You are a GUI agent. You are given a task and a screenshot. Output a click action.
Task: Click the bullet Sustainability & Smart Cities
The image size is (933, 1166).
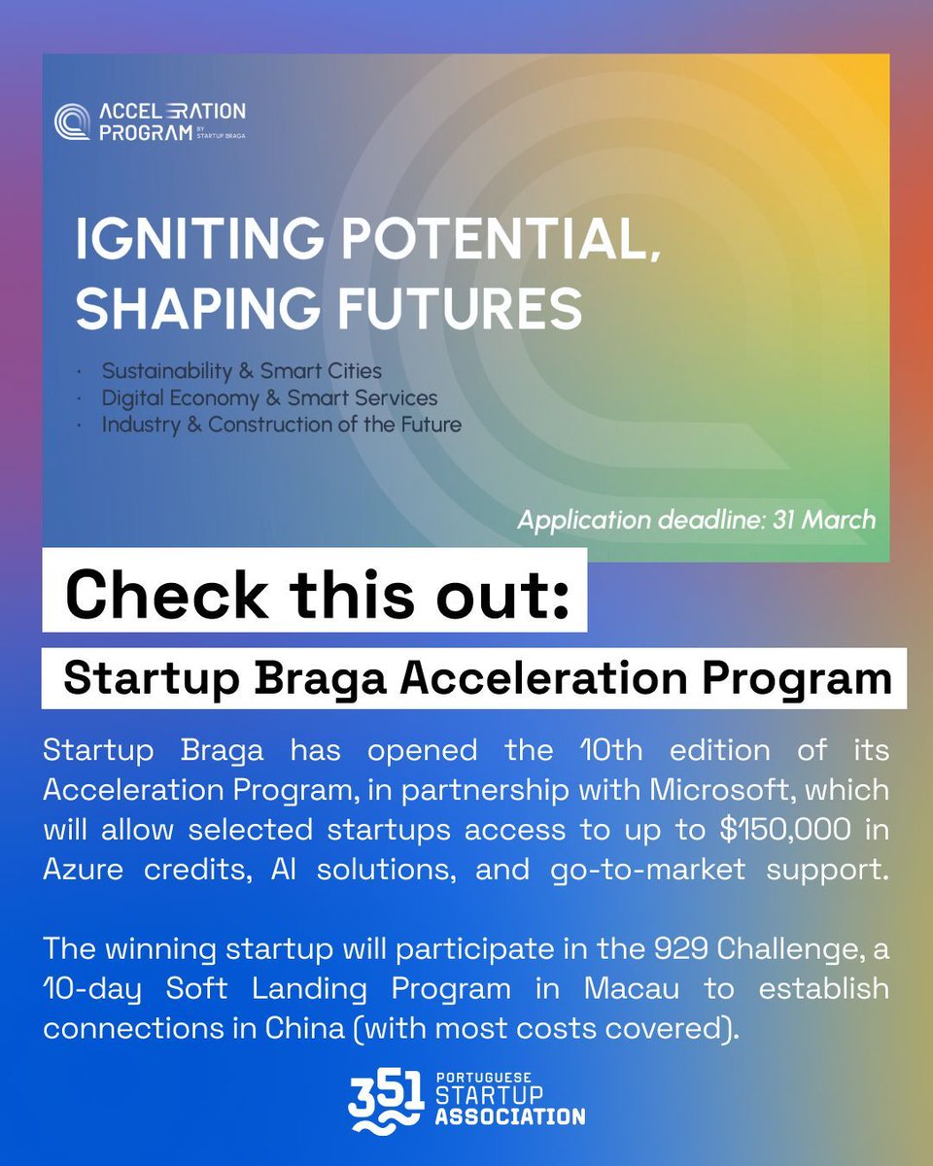(241, 371)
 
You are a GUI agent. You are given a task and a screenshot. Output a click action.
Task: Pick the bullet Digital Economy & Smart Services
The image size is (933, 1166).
(269, 397)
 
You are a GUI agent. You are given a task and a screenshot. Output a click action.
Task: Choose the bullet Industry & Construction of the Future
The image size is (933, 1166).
(281, 424)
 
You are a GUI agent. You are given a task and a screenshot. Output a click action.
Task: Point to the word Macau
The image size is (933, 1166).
(633, 989)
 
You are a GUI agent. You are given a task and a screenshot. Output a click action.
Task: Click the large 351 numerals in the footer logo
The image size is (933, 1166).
(385, 1096)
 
